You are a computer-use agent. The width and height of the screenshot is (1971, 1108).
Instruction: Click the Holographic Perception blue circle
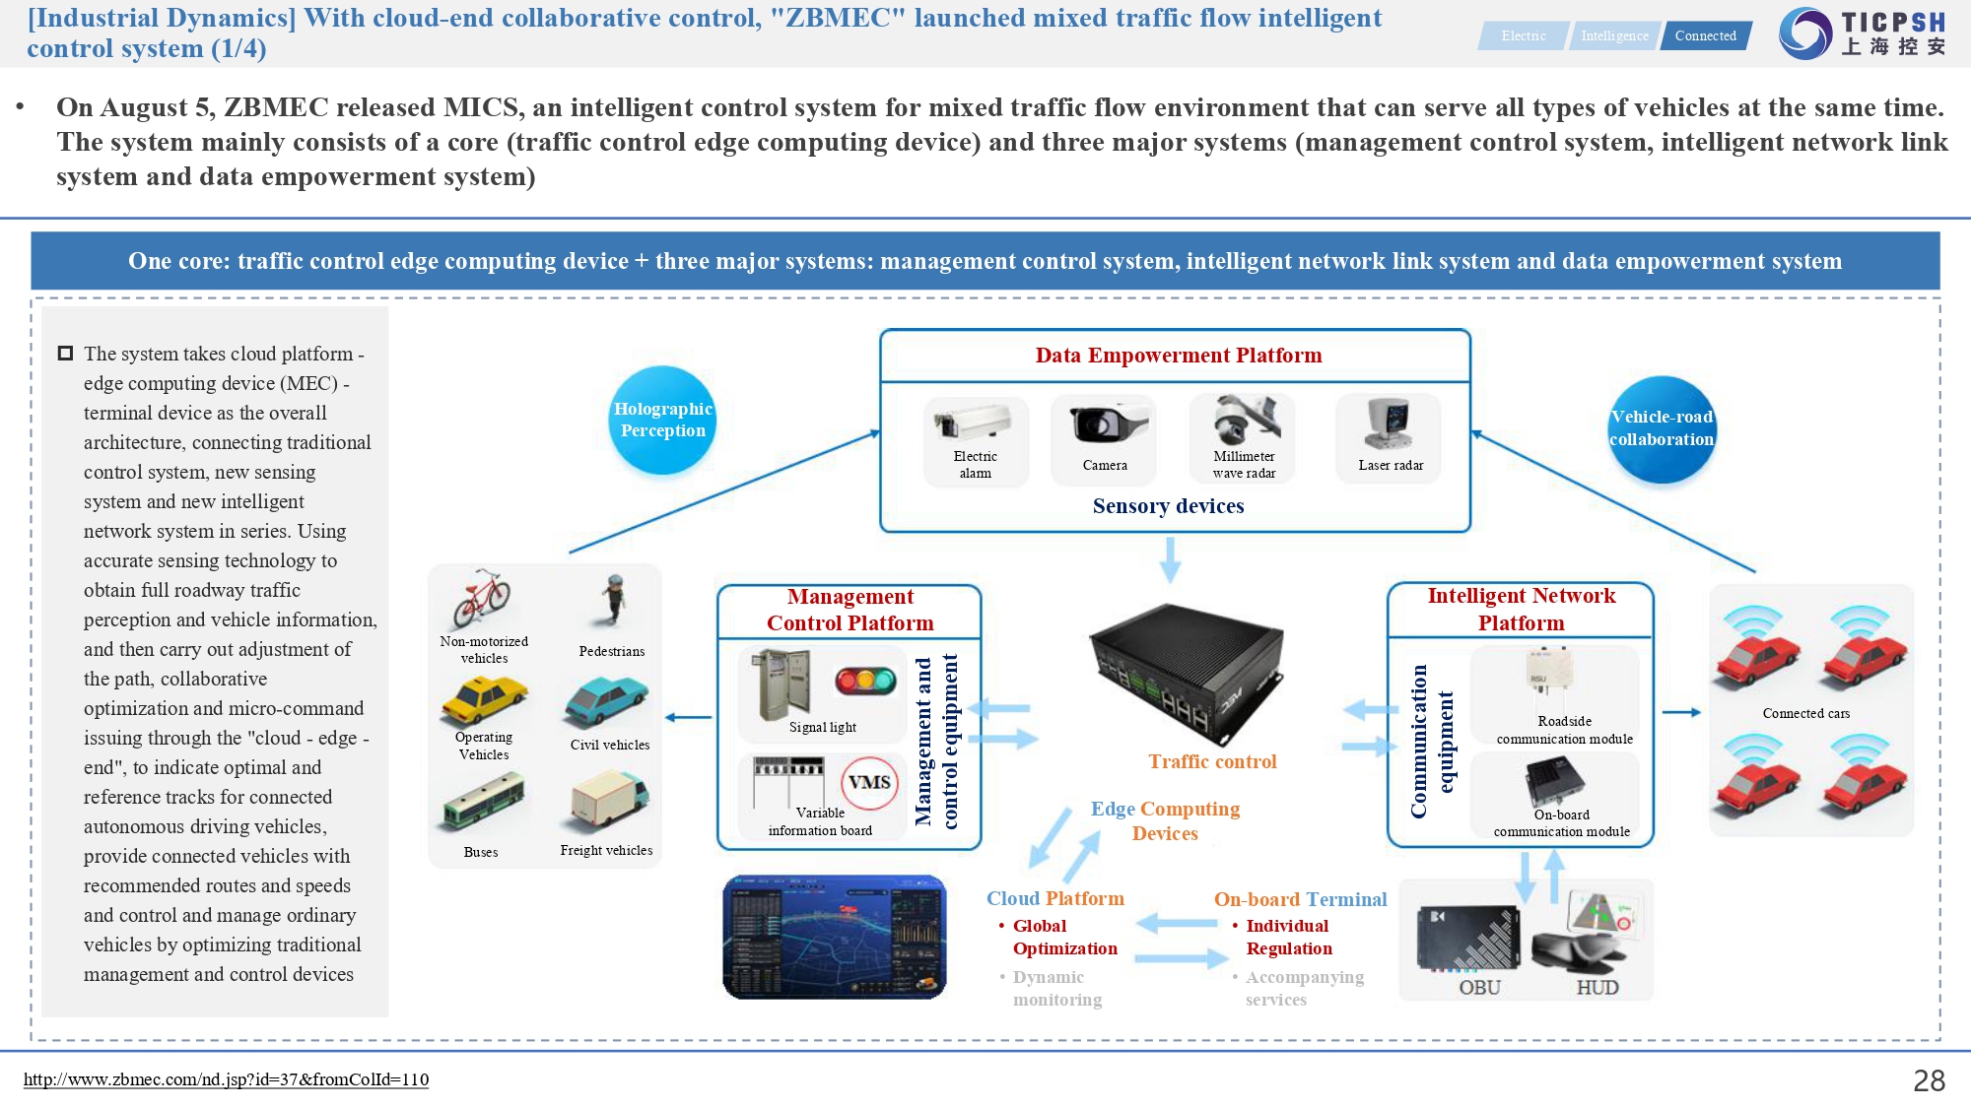(x=662, y=420)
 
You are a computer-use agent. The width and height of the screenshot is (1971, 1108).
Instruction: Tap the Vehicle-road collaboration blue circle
(x=1662, y=429)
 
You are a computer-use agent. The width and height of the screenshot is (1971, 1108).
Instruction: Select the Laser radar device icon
(x=1390, y=424)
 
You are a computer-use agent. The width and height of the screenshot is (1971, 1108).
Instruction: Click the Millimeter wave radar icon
(x=1246, y=421)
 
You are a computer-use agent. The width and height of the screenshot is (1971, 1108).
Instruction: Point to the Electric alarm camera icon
(x=973, y=423)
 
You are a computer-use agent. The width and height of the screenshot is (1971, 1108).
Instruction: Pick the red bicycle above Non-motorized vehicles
(x=482, y=598)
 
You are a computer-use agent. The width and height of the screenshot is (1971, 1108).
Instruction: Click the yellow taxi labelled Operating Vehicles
(x=484, y=700)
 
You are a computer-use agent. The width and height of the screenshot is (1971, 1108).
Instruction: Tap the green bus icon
(x=483, y=801)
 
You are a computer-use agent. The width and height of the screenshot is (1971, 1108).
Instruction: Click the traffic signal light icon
(x=865, y=680)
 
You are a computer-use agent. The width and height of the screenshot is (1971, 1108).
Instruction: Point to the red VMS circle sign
(x=869, y=782)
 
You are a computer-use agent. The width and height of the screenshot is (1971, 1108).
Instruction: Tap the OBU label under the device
(x=1479, y=987)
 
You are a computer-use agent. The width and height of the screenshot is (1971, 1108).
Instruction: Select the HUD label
(x=1597, y=987)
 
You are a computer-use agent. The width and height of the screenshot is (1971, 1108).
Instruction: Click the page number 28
(x=1929, y=1080)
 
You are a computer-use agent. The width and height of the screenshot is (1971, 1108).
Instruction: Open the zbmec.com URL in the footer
(x=226, y=1079)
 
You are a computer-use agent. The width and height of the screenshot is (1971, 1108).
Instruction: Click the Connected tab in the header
(x=1705, y=35)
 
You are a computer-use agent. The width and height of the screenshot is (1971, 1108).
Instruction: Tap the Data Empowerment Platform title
(x=1178, y=356)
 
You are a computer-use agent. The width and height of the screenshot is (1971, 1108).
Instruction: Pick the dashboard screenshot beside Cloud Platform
(x=834, y=937)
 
